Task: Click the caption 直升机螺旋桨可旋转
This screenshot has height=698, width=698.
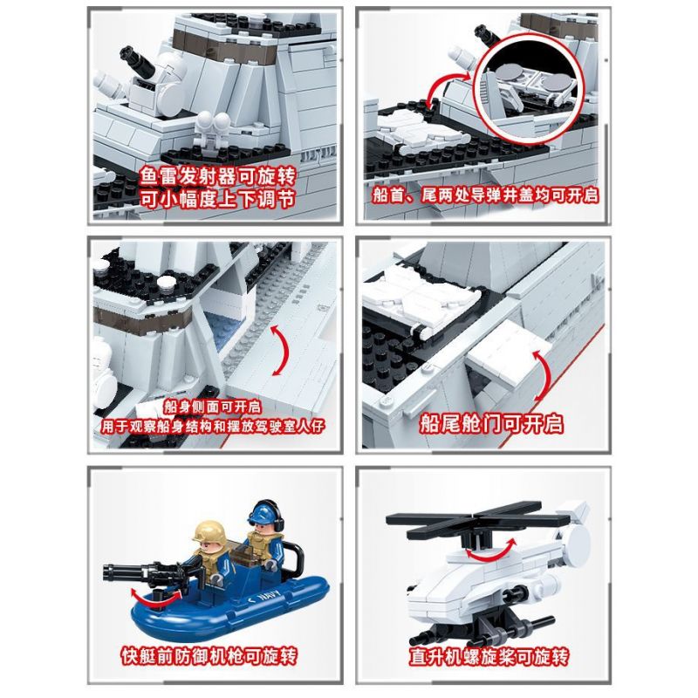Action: coord(489,657)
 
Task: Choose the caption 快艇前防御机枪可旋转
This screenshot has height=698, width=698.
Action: coord(209,656)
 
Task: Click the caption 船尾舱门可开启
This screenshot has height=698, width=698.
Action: coord(491,423)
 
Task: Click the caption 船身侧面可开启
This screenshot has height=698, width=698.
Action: coord(212,406)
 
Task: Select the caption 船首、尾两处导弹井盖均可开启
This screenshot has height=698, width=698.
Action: coord(485,195)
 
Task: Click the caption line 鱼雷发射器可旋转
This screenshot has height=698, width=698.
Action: coord(217,177)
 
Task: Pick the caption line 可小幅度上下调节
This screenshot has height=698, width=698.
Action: coord(217,199)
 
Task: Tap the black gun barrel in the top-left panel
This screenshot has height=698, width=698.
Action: coord(137,61)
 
